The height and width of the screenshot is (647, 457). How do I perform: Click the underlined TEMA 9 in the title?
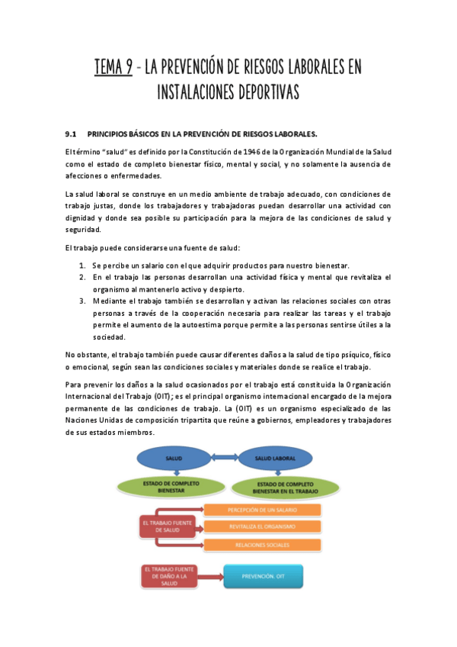(113, 67)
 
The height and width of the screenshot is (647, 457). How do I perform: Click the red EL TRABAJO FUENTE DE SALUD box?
(166, 526)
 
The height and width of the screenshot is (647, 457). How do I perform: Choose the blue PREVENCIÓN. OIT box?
(264, 577)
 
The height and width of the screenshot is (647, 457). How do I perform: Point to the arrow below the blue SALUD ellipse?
(174, 475)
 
